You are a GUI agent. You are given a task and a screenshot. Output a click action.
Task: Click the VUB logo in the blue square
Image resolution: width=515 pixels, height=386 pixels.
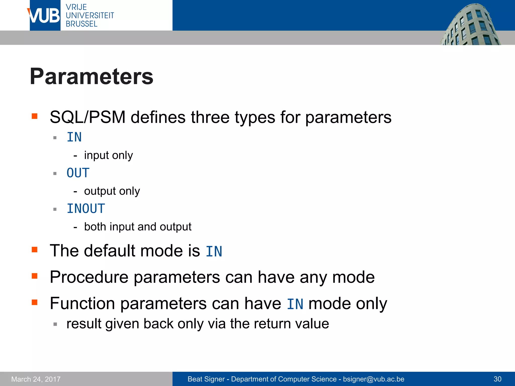tap(45, 16)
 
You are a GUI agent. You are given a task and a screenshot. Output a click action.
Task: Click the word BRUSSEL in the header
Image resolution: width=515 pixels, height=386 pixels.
tap(81, 24)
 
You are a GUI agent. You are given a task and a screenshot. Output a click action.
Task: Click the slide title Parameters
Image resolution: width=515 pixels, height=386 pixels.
tap(92, 76)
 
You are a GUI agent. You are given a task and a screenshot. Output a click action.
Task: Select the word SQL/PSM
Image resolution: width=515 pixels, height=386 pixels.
tap(88, 117)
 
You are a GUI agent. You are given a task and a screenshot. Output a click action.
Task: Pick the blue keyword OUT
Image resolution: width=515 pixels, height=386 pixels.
tap(78, 173)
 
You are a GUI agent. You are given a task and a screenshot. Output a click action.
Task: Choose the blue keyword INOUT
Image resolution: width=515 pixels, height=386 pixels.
tap(86, 209)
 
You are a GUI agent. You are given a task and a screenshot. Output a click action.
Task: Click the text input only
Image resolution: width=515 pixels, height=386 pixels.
tap(108, 155)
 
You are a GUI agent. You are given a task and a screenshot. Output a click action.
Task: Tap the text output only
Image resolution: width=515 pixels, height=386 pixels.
tap(112, 191)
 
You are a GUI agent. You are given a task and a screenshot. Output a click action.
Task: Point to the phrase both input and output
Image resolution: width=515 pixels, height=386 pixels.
tap(138, 227)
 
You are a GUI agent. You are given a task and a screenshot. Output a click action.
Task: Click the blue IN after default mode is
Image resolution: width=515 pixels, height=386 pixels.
tap(214, 251)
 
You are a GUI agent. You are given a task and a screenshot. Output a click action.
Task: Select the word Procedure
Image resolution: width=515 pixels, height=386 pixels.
tap(89, 277)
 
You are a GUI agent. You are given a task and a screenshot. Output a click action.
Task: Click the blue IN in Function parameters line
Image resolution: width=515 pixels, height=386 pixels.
tap(295, 304)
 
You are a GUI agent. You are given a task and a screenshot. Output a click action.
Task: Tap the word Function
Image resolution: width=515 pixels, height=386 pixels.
tap(82, 304)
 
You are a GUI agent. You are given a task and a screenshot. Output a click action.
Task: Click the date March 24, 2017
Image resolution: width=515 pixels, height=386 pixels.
tap(36, 379)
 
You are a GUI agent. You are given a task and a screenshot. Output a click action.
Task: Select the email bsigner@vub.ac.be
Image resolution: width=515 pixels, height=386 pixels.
tap(373, 379)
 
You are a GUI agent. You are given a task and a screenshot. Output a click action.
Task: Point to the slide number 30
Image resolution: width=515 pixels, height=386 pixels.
tap(497, 379)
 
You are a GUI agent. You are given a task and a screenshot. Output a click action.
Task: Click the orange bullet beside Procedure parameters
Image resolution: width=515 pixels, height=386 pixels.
tap(34, 276)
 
